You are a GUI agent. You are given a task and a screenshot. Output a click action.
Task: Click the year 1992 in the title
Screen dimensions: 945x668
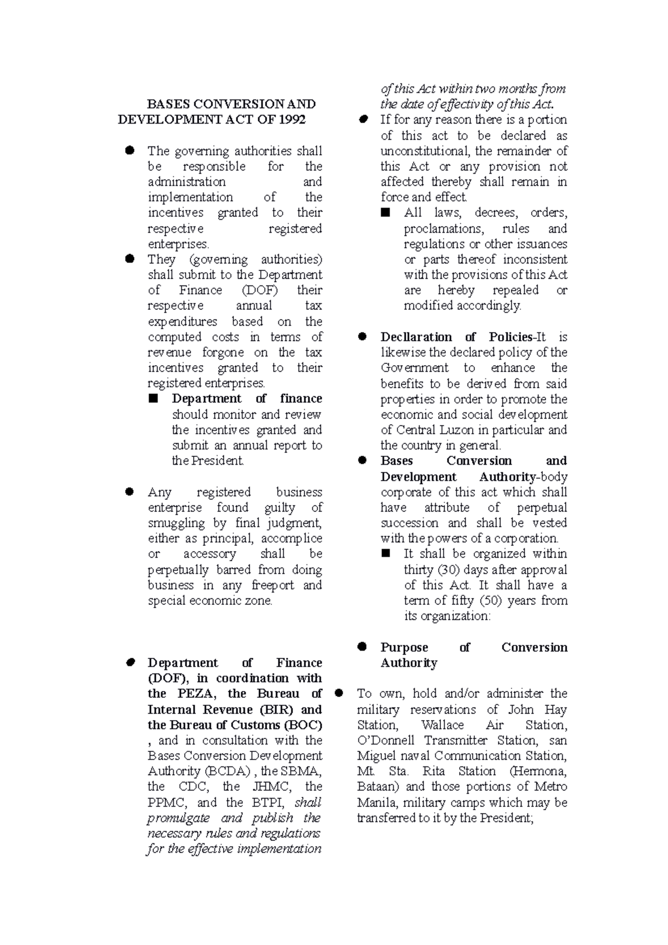pyautogui.click(x=292, y=120)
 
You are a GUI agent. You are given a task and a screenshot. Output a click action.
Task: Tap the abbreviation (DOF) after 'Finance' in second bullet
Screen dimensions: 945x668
pyautogui.click(x=260, y=290)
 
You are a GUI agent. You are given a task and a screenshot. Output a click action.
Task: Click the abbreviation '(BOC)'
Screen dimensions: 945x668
pyautogui.click(x=303, y=725)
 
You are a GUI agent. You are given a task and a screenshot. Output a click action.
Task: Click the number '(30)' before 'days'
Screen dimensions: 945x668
pyautogui.click(x=450, y=570)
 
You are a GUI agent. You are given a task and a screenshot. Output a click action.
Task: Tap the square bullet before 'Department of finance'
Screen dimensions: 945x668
pyautogui.click(x=154, y=398)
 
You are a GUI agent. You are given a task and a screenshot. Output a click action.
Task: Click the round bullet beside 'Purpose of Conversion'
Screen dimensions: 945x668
pyautogui.click(x=362, y=647)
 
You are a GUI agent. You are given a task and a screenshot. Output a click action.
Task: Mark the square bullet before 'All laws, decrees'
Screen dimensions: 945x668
pyautogui.click(x=385, y=213)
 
